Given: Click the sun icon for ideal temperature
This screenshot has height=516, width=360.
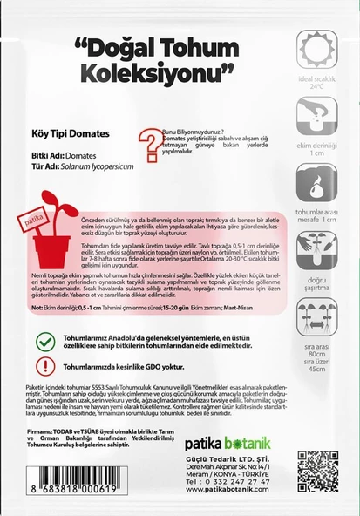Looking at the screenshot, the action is tap(317, 51).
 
